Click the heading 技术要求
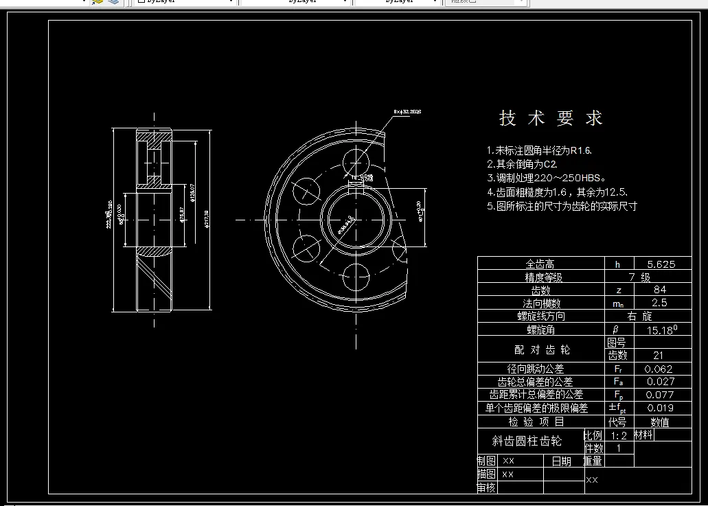551,118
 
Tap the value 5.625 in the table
662,264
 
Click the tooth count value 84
662,290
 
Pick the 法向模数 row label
542,303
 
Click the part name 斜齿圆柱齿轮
527,441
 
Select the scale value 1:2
619,435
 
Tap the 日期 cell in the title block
562,461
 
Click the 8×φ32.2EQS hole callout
407,111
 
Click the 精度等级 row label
544,277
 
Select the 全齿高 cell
540,264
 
